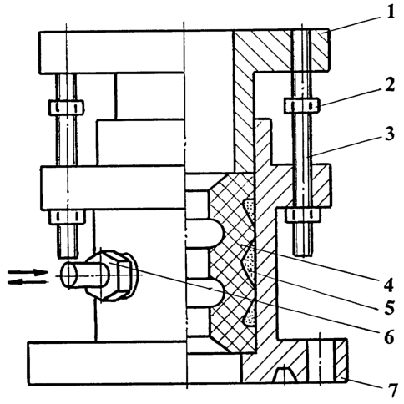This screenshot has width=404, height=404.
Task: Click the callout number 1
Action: [x=391, y=12]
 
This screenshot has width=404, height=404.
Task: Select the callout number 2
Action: [x=390, y=85]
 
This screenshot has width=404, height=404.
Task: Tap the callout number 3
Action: [x=390, y=134]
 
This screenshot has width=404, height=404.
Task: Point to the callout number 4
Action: [x=388, y=285]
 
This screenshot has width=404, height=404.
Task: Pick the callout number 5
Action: [x=388, y=307]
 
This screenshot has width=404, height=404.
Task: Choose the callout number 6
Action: [x=389, y=336]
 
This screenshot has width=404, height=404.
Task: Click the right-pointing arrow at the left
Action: [x=28, y=272]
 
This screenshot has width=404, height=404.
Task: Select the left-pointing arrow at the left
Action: [x=28, y=282]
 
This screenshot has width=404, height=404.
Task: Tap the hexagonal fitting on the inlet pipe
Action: [x=111, y=275]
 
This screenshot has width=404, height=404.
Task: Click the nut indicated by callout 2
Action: [x=301, y=106]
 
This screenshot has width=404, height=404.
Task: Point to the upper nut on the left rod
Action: [x=66, y=108]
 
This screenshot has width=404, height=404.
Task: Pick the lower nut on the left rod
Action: [x=67, y=217]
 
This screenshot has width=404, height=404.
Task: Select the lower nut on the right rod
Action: [x=303, y=215]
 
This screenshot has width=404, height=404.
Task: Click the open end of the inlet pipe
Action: [x=69, y=275]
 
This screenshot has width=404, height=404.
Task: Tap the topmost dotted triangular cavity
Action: [x=250, y=209]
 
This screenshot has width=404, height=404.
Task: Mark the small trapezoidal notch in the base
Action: [x=285, y=374]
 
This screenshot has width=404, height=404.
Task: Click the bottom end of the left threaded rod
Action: [x=68, y=256]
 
